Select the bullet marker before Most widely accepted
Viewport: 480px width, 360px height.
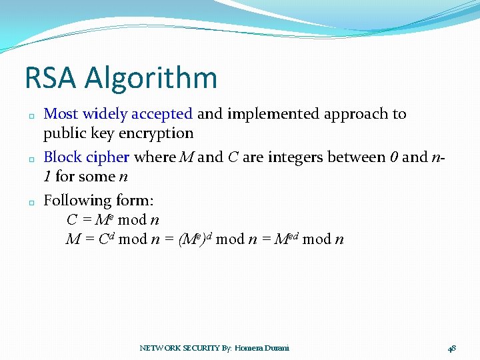pyautogui.click(x=31, y=116)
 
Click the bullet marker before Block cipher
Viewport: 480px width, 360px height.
pyautogui.click(x=31, y=159)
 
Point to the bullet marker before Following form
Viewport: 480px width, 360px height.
pyautogui.click(x=31, y=203)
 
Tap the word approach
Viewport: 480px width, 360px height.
pyautogui.click(x=357, y=115)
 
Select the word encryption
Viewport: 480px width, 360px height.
pyautogui.click(x=157, y=134)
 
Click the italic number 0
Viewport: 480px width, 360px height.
pyautogui.click(x=393, y=157)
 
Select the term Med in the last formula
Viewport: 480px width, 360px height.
pyautogui.click(x=287, y=239)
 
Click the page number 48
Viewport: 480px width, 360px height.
pyautogui.click(x=451, y=348)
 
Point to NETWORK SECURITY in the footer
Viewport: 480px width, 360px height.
pyautogui.click(x=175, y=348)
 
